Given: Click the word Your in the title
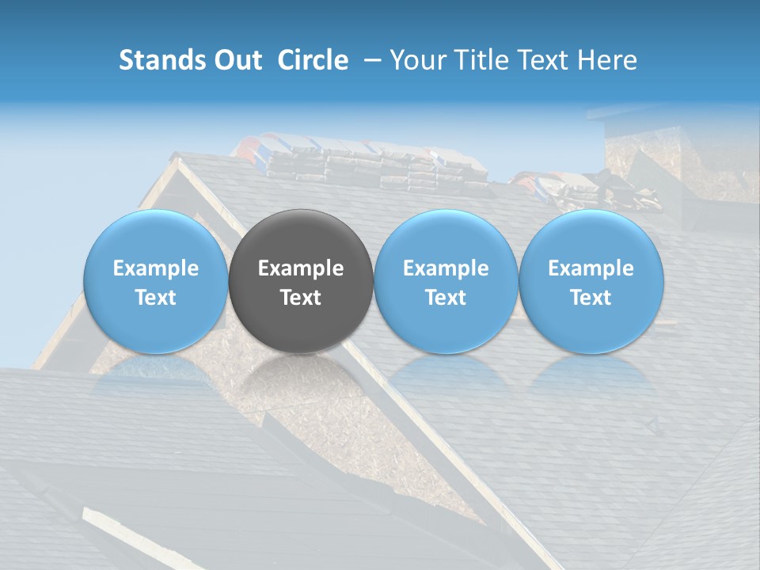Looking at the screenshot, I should tap(416, 60).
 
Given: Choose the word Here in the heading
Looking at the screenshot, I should tap(607, 60).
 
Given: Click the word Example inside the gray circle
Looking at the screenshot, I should tap(301, 268).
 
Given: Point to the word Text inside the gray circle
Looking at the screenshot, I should tap(301, 298).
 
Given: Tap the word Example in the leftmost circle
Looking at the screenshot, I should tap(156, 268).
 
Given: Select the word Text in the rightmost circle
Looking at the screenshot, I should tap(591, 298).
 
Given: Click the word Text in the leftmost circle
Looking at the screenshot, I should tap(156, 298).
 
